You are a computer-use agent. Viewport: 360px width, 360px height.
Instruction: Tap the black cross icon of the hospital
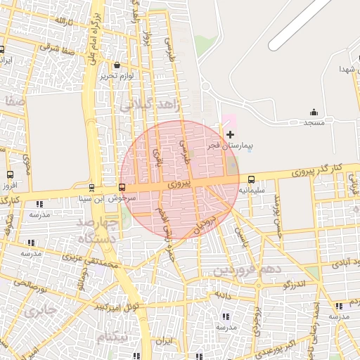(x=231, y=134)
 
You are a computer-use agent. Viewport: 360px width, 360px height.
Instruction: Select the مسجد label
(x=314, y=123)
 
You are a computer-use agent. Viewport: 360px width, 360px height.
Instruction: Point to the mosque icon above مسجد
(x=314, y=112)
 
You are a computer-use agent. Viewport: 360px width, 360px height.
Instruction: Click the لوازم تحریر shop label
(x=116, y=75)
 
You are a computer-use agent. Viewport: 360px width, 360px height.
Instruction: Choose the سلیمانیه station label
(x=252, y=190)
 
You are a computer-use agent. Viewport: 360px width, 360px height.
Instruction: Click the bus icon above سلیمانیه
(x=252, y=180)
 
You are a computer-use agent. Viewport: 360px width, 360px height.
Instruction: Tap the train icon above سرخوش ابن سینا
(x=92, y=188)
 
